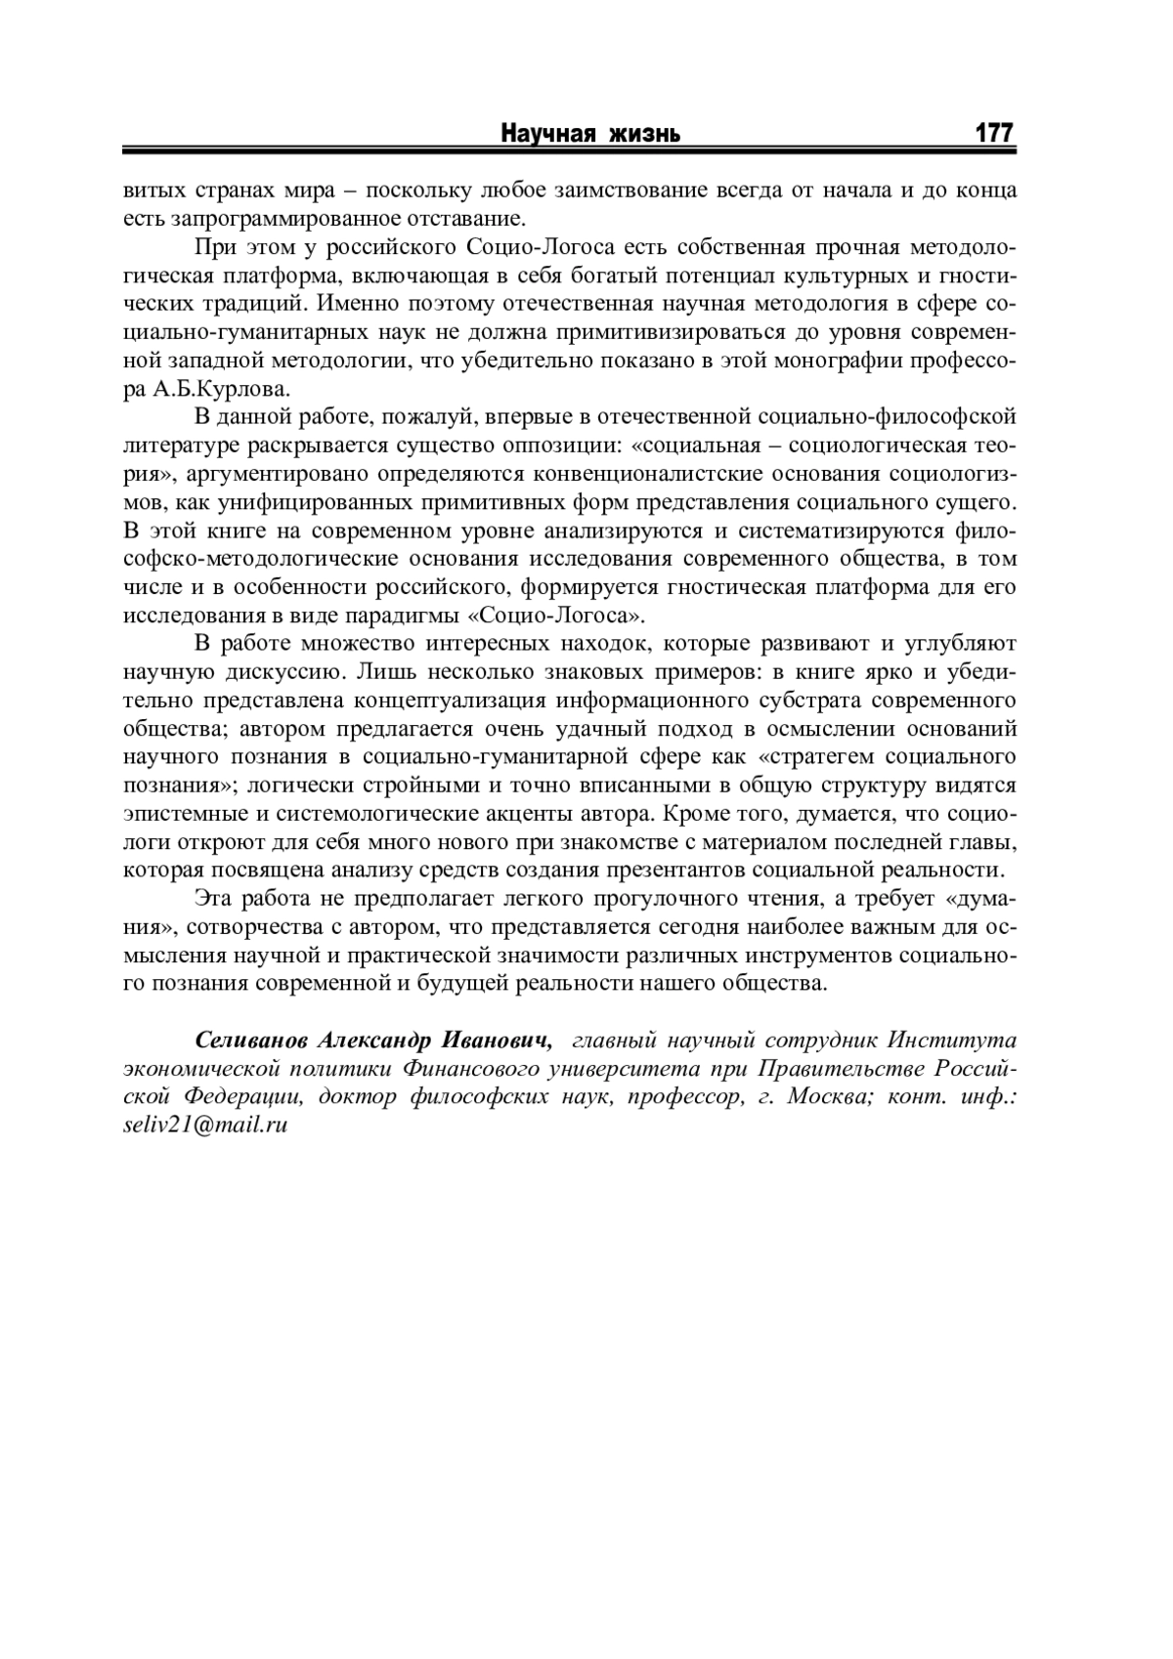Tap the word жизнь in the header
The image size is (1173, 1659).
pos(643,133)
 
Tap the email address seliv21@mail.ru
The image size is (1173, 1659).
pos(205,1124)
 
